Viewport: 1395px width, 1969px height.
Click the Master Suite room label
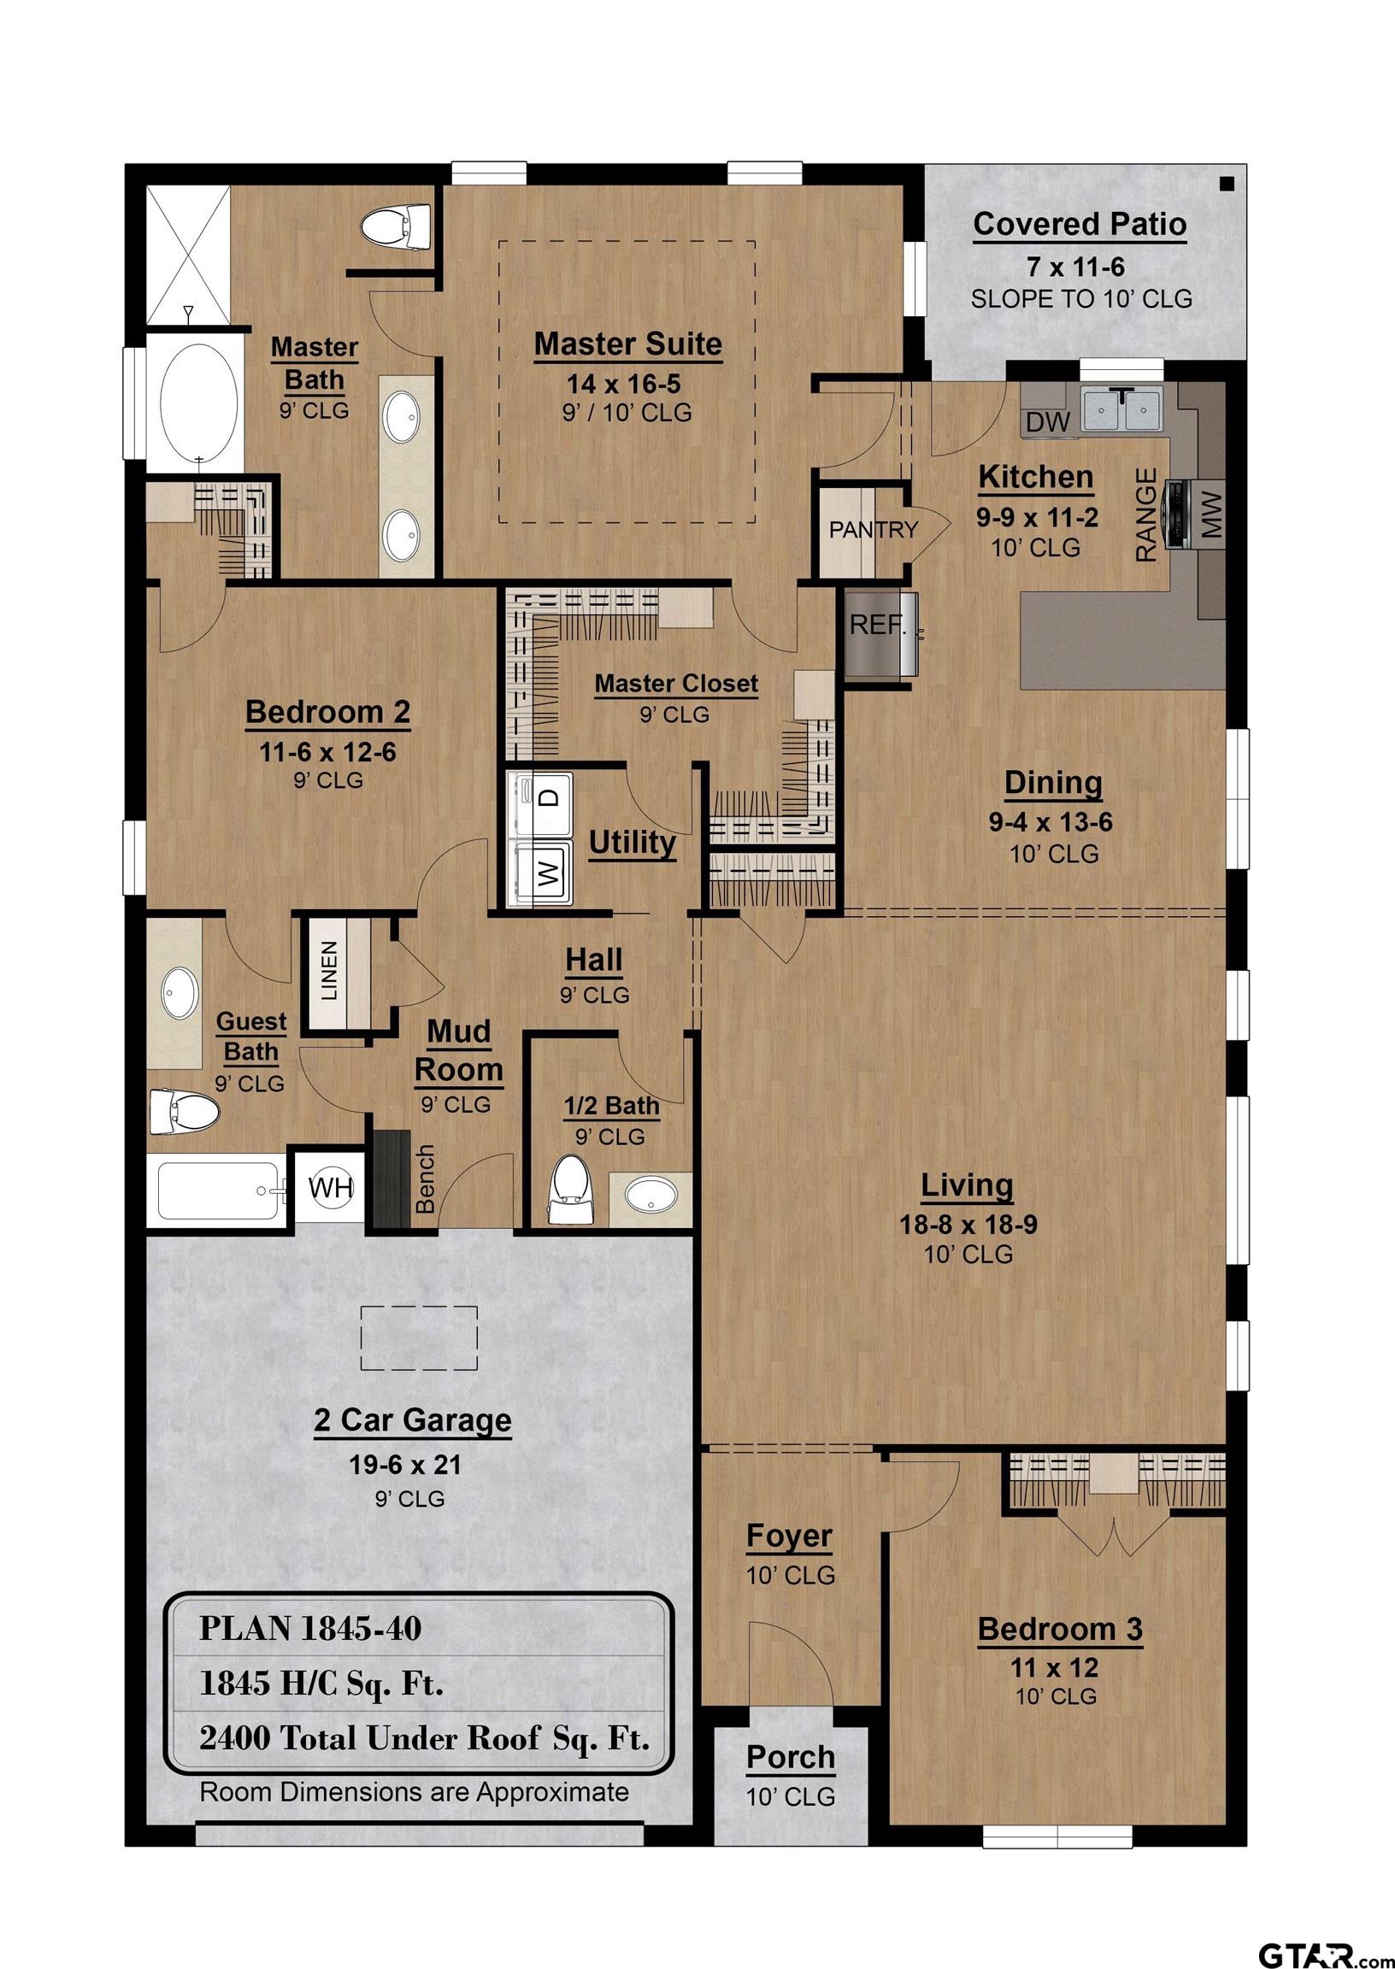click(627, 344)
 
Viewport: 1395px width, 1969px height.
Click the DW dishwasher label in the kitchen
click(1048, 421)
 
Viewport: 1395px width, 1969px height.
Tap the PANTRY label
click(873, 531)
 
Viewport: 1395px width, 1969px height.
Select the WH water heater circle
click(331, 1189)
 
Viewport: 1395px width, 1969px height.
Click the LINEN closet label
click(330, 971)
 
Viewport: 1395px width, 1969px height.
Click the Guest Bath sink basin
click(180, 993)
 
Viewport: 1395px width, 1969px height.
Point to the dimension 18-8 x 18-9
click(968, 1225)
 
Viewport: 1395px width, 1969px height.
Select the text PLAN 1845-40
click(310, 1629)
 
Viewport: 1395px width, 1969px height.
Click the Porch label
click(791, 1757)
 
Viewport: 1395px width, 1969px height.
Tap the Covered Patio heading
click(1080, 224)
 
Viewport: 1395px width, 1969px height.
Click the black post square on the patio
click(1227, 184)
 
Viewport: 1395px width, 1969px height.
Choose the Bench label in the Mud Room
click(425, 1178)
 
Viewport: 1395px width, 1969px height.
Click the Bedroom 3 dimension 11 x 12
click(1054, 1667)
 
